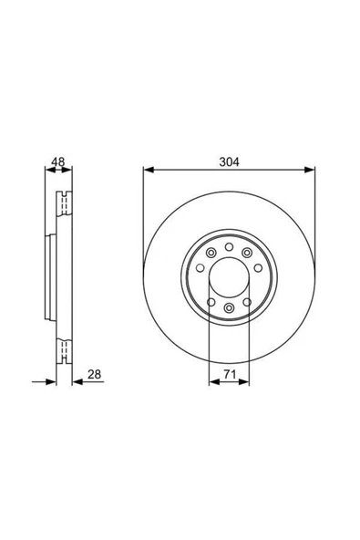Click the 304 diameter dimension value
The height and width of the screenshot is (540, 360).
pos(229,161)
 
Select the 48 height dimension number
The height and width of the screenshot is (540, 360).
pos(57,161)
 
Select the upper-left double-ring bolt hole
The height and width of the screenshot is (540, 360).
pos(211,253)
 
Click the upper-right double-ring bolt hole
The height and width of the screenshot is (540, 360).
pos(246,253)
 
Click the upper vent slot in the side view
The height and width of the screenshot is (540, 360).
pos(63,206)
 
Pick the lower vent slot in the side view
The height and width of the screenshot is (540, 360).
pos(63,348)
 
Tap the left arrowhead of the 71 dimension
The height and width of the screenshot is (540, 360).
pos(212,382)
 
